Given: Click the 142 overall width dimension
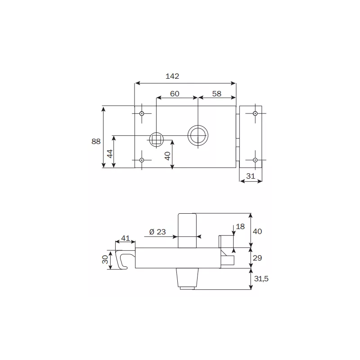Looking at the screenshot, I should pyautogui.click(x=172, y=76).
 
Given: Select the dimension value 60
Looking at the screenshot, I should pyautogui.click(x=175, y=94).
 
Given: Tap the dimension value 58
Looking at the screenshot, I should pyautogui.click(x=217, y=94).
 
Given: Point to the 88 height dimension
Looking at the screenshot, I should pyautogui.click(x=96, y=141).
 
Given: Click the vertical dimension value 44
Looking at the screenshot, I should pyautogui.click(x=109, y=153).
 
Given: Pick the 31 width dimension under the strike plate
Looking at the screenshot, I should pyautogui.click(x=251, y=177).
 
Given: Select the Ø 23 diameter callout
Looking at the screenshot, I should pyautogui.click(x=157, y=232).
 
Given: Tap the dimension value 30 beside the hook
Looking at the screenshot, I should pyautogui.click(x=105, y=260).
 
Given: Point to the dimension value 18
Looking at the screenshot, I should pyautogui.click(x=240, y=226).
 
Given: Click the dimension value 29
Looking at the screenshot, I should pyautogui.click(x=257, y=258).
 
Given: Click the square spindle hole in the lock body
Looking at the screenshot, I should pyautogui.click(x=156, y=139).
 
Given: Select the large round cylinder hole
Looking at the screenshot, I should pyautogui.click(x=198, y=135).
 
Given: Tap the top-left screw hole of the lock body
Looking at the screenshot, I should pyautogui.click(x=142, y=114).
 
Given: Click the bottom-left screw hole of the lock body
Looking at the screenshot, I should pyautogui.click(x=142, y=160).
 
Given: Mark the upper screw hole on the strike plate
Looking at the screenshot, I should pyautogui.click(x=255, y=114).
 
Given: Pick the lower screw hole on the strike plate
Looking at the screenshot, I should pyautogui.click(x=255, y=160).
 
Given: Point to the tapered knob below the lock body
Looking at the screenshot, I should pyautogui.click(x=188, y=279).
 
